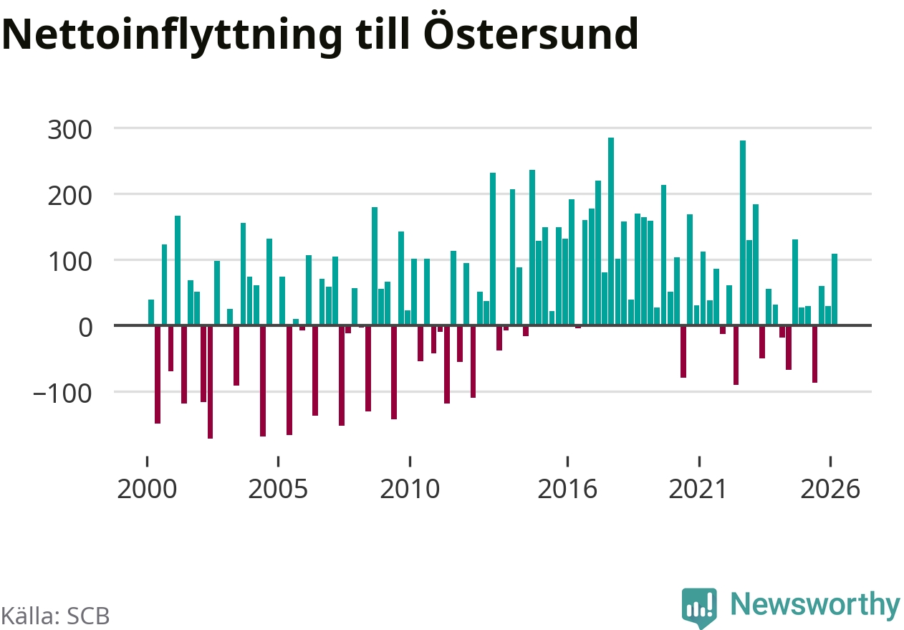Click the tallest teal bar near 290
611,231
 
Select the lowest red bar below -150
211,382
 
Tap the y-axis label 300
69,130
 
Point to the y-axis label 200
69,196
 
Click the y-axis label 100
69,262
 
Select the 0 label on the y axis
85,328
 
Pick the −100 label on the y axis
62,393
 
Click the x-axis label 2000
147,489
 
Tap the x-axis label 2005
278,489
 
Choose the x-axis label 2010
410,489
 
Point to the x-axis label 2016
567,489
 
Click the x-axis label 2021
698,489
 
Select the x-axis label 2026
830,489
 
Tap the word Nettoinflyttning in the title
171,37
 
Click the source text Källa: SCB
55,616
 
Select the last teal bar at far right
835,289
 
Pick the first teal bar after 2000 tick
151,312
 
